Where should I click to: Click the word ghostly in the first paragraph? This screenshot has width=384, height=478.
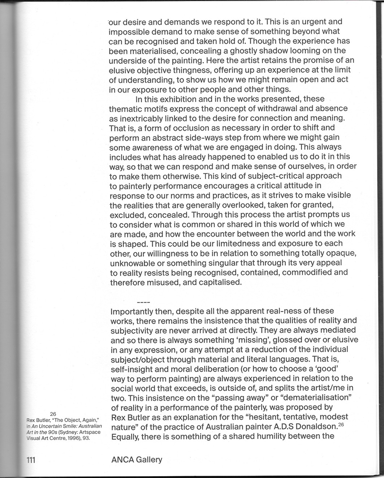click(x=247, y=51)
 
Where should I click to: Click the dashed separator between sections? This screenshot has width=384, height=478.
click(x=143, y=302)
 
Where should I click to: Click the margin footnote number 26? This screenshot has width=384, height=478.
click(x=53, y=414)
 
